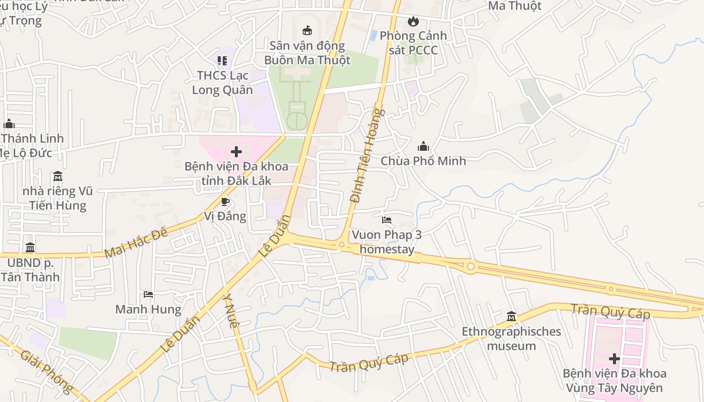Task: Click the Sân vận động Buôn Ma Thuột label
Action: (307, 53)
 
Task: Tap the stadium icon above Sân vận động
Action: (307, 30)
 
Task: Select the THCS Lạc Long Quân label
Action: (223, 83)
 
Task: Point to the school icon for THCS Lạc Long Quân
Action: (222, 60)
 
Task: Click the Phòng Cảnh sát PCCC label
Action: (413, 43)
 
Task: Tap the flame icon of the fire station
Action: (413, 21)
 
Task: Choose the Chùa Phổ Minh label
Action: (423, 161)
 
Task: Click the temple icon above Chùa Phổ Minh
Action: (423, 146)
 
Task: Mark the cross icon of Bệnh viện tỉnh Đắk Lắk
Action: (236, 151)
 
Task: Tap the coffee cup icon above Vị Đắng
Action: (225, 202)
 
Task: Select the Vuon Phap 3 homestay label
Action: (387, 242)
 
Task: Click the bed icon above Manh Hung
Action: (148, 294)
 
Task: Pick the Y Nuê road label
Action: (229, 311)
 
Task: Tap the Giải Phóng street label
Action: (47, 371)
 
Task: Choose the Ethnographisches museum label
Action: (511, 339)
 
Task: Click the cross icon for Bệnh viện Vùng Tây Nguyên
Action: (614, 359)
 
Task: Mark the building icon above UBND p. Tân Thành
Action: (30, 248)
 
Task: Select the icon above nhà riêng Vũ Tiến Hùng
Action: (58, 176)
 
